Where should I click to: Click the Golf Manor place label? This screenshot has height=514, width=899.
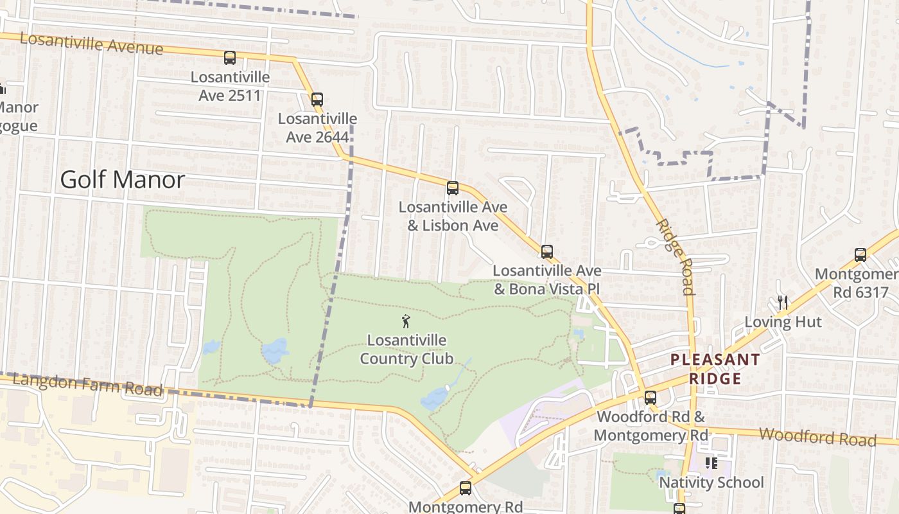tap(122, 180)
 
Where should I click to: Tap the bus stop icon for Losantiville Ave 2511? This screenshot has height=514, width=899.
tap(230, 58)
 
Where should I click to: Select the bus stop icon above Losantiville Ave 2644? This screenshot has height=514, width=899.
tap(317, 100)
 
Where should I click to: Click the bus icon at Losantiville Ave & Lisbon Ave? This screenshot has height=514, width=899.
tap(453, 188)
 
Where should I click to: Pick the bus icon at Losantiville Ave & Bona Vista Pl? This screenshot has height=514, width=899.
tap(546, 252)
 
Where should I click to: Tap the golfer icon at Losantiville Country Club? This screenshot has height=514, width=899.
tap(406, 321)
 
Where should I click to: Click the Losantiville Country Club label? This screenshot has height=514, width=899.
tap(406, 349)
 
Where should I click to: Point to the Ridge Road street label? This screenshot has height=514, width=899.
tap(675, 256)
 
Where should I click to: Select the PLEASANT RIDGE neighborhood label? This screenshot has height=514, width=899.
tap(715, 369)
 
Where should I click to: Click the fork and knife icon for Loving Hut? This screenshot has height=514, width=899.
tap(782, 302)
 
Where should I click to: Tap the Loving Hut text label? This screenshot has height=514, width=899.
tap(783, 322)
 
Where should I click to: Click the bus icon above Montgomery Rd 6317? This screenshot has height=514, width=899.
tap(860, 255)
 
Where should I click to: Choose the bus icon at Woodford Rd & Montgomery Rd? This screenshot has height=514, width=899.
tap(650, 398)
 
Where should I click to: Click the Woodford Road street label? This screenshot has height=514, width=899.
tap(817, 437)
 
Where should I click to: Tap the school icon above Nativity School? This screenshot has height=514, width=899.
tap(711, 463)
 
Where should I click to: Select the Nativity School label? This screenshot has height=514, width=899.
tap(711, 483)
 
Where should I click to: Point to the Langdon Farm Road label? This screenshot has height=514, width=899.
tap(87, 384)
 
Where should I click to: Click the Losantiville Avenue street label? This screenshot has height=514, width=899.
tap(91, 43)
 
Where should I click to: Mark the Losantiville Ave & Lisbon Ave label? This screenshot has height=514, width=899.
tap(453, 217)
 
